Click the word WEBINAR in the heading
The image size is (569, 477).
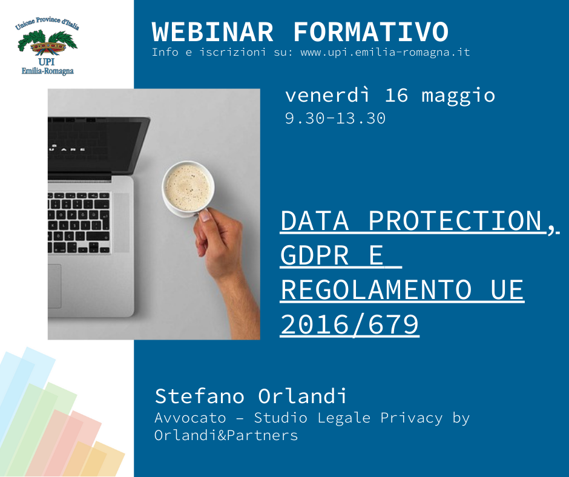[212, 32]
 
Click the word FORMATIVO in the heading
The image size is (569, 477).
[371, 32]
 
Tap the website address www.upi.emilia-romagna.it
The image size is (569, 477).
[385, 52]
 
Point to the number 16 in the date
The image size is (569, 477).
[396, 96]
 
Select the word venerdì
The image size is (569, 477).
[327, 95]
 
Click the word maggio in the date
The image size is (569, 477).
[458, 97]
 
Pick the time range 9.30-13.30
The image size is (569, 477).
[335, 119]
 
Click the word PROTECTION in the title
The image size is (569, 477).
[455, 221]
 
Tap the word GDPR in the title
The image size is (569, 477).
[315, 255]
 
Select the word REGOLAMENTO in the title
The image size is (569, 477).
[377, 290]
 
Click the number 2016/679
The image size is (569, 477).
[350, 324]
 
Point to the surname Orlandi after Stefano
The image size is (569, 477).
[302, 396]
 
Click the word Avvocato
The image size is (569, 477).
[190, 418]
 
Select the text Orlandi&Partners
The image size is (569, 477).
[226, 435]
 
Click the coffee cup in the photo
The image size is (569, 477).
[188, 189]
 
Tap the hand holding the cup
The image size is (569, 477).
[225, 262]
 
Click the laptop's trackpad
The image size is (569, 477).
[54, 286]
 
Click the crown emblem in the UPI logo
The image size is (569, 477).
[48, 47]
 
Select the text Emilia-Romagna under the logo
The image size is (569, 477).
[48, 71]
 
